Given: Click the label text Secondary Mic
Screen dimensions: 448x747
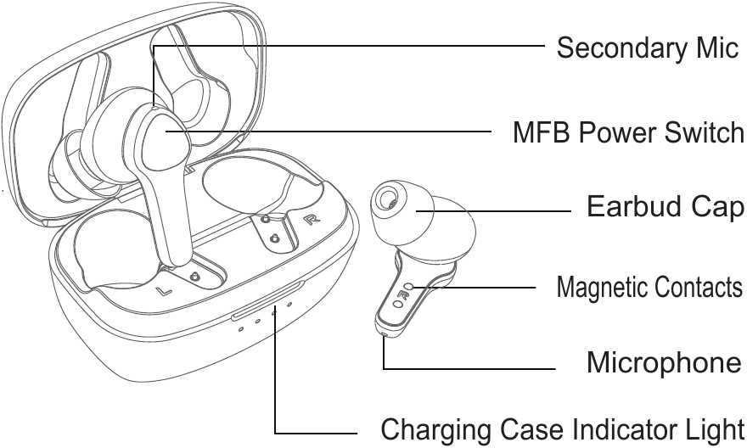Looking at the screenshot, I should (647, 48).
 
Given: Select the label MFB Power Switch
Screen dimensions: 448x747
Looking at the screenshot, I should (628, 133).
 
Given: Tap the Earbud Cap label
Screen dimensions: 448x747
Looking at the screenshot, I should (666, 207).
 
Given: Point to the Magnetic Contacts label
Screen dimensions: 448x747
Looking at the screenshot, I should (649, 288).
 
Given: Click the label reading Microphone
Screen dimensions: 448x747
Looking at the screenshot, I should (664, 363).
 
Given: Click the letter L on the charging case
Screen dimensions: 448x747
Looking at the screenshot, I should (166, 292).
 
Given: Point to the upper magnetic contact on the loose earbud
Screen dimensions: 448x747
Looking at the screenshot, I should (409, 287).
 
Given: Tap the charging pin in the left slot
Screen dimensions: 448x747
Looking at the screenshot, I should (195, 277).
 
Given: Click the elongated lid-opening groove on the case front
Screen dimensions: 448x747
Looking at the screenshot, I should (267, 299).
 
